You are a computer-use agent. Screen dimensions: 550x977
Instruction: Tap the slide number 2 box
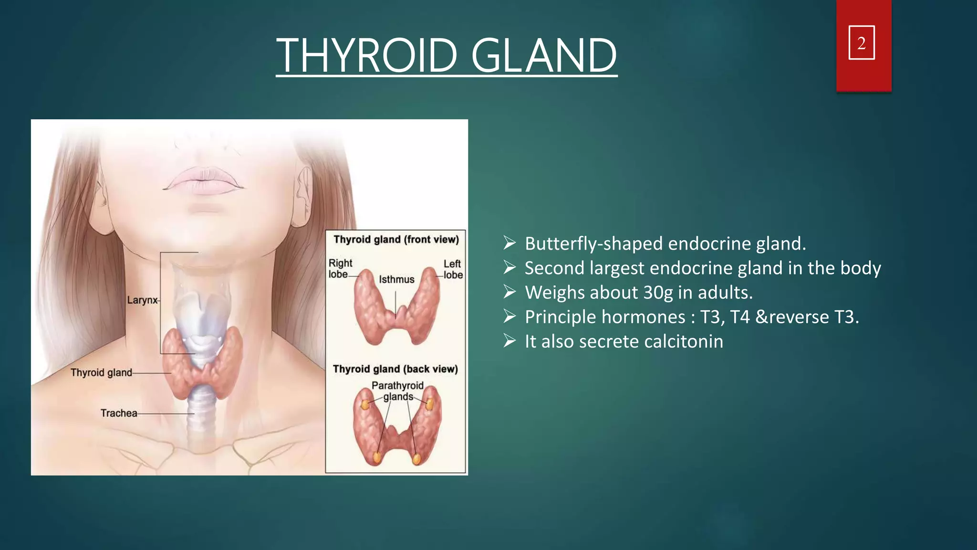point(862,43)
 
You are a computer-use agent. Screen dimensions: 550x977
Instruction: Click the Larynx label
point(142,300)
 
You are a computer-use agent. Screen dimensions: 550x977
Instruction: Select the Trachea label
point(119,413)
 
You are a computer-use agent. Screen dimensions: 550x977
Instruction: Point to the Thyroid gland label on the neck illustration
point(101,373)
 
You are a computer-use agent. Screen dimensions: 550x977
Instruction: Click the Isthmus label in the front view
point(396,280)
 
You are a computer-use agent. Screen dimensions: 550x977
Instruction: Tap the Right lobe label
point(340,269)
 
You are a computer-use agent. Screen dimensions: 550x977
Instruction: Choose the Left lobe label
point(452,269)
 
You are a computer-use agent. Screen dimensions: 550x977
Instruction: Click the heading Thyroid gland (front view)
point(396,240)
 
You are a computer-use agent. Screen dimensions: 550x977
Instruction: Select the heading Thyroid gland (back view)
point(395,369)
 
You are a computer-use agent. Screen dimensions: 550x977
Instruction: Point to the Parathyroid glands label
point(398,391)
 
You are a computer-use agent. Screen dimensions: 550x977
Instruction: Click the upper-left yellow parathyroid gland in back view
point(365,405)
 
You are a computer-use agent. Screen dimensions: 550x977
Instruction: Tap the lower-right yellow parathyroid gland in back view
point(416,459)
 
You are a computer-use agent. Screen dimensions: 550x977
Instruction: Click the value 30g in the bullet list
point(656,293)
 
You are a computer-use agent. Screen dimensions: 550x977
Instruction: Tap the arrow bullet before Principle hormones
point(509,317)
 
